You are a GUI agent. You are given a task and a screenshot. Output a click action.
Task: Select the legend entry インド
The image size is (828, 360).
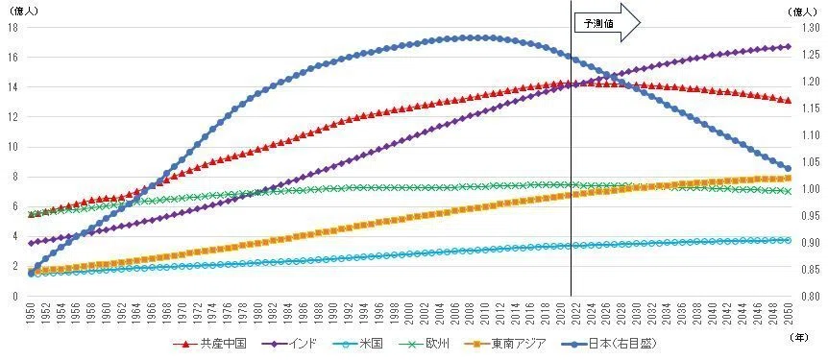tap(289, 345)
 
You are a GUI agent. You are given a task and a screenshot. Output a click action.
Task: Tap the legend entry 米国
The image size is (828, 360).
tap(358, 345)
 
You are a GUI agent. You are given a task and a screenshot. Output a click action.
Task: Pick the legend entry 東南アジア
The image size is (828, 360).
tap(507, 345)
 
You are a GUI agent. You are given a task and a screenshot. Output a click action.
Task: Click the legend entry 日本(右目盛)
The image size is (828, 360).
tap(610, 345)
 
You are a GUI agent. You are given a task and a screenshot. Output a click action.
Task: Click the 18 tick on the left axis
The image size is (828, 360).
tap(13, 28)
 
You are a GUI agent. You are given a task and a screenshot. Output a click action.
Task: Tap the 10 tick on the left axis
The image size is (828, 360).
tap(13, 147)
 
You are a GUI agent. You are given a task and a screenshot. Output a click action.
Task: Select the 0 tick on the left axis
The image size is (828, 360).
tap(15, 296)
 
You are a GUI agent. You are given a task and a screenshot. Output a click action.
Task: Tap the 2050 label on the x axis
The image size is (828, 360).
tap(789, 312)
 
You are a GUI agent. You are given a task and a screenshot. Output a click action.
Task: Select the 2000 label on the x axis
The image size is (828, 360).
tap(410, 312)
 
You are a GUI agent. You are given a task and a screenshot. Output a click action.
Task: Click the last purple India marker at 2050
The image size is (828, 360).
tap(789, 46)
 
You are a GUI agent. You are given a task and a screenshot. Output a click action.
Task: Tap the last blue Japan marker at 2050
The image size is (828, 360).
tap(789, 168)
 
